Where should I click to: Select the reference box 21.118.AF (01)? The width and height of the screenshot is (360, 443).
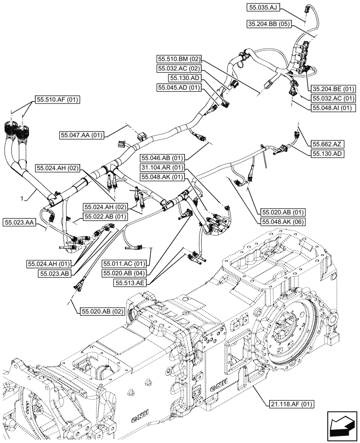click(291, 404)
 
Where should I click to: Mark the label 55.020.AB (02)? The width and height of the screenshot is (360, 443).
click(102, 311)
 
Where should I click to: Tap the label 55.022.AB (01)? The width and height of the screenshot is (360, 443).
click(104, 217)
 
